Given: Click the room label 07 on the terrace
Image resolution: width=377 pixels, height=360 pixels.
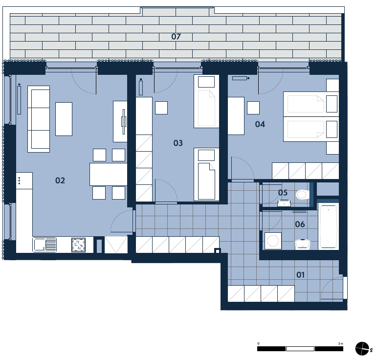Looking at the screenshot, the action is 176,37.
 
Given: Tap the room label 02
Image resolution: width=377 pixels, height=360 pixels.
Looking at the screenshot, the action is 60,180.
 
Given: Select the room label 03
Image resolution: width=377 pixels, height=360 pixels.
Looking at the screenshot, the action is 178,143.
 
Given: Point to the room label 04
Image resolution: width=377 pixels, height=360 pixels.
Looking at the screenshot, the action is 260,124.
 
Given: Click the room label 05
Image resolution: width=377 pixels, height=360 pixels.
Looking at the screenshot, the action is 283,193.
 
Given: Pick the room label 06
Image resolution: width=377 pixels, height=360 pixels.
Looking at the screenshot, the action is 300,225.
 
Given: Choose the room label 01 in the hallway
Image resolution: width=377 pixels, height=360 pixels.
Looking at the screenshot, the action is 301,274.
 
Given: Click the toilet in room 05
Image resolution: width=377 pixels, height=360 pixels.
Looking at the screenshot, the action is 303,195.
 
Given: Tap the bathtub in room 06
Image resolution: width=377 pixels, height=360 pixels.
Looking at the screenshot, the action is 328,226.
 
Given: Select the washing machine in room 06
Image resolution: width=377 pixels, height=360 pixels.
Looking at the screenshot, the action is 273,241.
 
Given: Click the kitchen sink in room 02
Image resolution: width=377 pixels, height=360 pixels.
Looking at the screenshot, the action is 44,245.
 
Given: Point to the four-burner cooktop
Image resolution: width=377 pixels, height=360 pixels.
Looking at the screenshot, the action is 78,245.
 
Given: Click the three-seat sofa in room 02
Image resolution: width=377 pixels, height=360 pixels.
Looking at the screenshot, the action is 39,119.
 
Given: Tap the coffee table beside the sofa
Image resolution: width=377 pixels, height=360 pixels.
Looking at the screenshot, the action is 64,119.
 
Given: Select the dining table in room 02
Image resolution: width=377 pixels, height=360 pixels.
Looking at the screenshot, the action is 109,174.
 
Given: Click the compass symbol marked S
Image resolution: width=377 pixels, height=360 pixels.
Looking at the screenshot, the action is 362,348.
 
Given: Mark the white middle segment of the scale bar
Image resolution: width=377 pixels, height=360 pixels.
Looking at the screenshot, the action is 300,349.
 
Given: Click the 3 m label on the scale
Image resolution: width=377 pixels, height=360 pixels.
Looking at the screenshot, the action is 340,344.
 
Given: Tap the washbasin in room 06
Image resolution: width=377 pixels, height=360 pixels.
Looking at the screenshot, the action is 303,244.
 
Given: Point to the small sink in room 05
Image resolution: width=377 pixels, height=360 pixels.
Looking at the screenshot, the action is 284,203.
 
